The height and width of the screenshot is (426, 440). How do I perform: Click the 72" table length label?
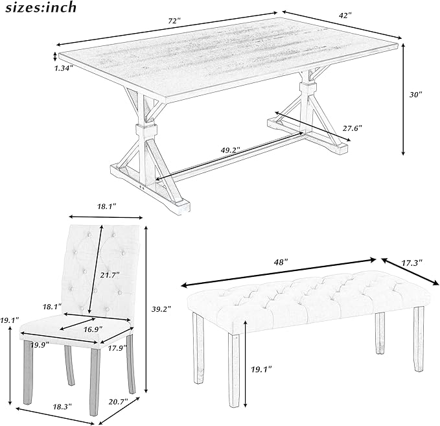pos(174,21)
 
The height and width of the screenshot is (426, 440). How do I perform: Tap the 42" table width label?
pos(345,16)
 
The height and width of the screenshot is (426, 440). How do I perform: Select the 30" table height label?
pos(415,95)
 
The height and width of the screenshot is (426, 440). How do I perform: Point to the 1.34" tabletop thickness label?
pos(64,68)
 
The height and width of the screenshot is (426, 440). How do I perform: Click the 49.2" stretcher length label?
pos(230,150)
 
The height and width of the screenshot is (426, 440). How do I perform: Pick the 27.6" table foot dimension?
pos(353,128)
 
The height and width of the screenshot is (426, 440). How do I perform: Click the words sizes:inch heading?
pos(41,7)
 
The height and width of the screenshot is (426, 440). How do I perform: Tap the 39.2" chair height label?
pos(161,309)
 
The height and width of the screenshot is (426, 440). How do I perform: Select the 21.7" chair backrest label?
pos(110,275)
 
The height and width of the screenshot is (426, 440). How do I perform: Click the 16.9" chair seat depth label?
pos(93,329)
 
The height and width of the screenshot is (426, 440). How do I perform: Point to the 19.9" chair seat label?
pos(40,344)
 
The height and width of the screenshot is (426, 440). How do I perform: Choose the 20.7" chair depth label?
pos(118,401)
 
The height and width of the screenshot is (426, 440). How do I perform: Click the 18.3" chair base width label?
pos(62,407)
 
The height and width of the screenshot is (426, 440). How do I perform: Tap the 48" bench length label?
pos(281,263)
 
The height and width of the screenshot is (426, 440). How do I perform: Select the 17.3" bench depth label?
pos(412,263)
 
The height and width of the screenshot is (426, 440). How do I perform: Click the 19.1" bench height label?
pos(261,370)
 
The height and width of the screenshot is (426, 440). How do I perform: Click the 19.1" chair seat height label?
pos(10,320)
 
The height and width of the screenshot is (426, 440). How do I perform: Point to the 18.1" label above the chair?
pos(107,207)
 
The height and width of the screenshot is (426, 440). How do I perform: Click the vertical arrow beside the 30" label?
pos(403,99)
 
